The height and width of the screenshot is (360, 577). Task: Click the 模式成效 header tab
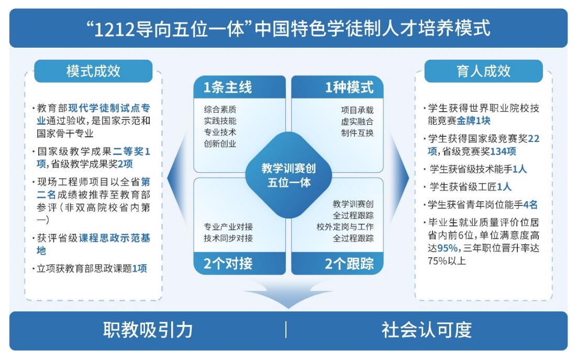[93, 71]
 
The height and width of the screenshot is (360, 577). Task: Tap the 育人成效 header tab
[483, 71]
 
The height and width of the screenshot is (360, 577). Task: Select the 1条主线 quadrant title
[228, 88]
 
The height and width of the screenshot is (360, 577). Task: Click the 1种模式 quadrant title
[349, 88]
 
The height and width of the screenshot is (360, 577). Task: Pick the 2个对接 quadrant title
[228, 264]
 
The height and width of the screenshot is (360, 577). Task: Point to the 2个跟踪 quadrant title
[349, 264]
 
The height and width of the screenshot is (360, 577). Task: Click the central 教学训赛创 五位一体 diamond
[289, 175]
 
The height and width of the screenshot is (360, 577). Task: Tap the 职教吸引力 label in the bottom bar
[148, 330]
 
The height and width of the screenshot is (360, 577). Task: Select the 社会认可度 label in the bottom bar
[427, 330]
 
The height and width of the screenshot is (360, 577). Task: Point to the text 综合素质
[220, 110]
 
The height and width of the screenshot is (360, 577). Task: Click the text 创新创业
[220, 144]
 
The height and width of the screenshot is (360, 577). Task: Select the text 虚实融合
[357, 122]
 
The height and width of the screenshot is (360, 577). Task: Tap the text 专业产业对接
[228, 227]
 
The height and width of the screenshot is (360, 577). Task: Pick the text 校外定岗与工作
[345, 227]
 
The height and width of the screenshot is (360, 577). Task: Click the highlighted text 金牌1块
[474, 121]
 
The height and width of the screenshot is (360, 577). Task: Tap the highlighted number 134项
[503, 151]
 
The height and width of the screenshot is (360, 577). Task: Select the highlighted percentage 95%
[448, 248]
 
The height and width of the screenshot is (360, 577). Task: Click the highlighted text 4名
[530, 205]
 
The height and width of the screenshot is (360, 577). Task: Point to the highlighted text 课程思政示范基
[115, 238]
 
